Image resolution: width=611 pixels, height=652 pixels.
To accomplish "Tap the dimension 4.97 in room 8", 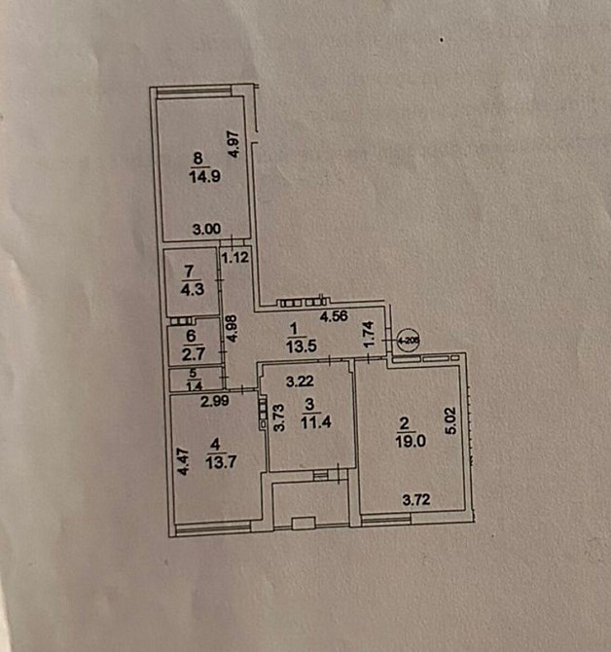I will coord(233,145).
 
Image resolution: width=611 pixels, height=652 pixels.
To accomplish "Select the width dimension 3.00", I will coord(205,230).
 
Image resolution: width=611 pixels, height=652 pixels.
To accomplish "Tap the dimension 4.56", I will coord(336,316).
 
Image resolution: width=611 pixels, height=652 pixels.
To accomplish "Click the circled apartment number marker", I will coord(403,341).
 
